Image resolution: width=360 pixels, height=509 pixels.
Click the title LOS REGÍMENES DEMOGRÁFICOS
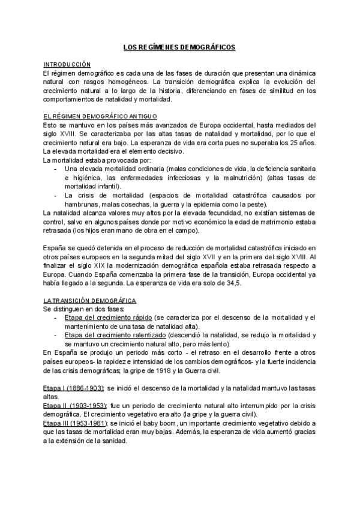(179, 46)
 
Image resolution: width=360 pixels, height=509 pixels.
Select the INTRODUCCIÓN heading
(67, 64)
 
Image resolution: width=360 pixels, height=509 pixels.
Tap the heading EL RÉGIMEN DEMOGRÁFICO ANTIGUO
(100, 115)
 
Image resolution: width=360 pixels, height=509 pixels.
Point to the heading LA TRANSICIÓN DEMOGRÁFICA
(90, 300)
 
